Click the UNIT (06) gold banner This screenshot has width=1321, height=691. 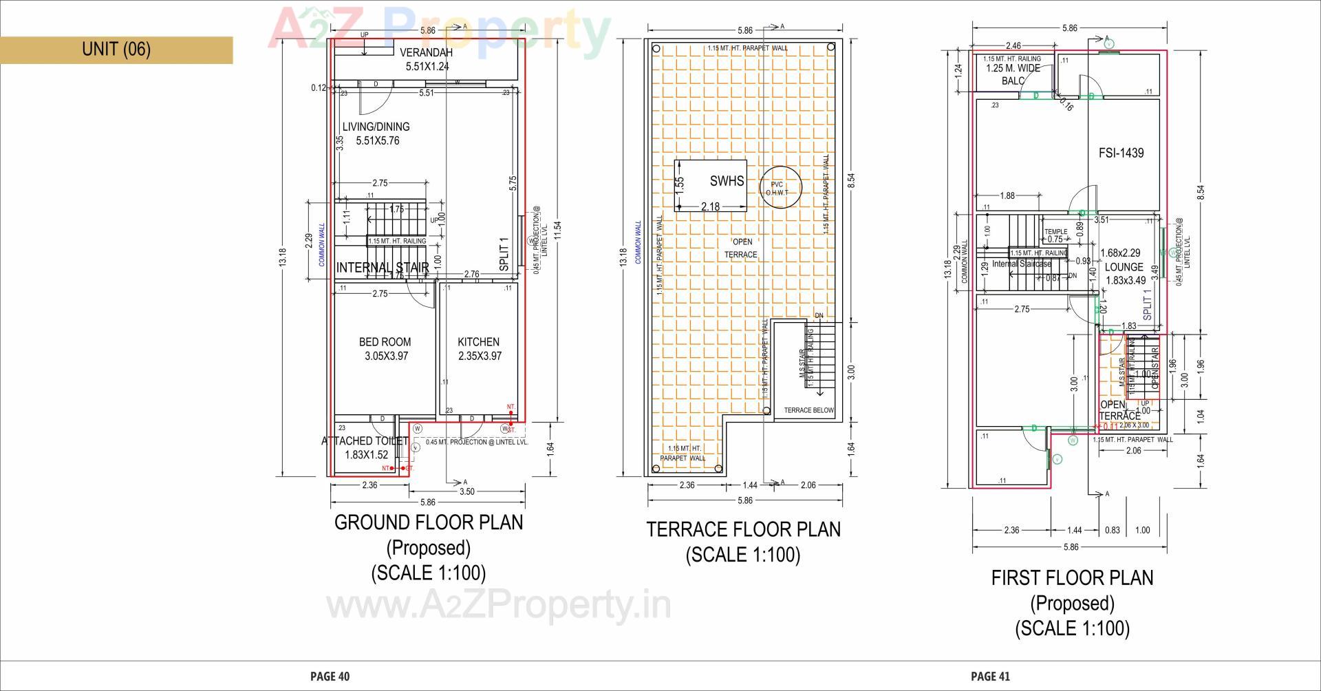point(116,50)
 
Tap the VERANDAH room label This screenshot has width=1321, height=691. point(426,53)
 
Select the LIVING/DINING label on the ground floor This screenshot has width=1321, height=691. point(376,127)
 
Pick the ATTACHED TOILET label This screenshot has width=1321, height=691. point(365,441)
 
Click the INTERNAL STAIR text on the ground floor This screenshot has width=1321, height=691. point(383,268)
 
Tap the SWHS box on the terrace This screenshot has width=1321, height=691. point(726,181)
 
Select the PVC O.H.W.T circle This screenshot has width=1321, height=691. point(777,188)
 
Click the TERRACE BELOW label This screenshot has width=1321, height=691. point(808,410)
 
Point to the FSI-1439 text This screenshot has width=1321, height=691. point(1121,153)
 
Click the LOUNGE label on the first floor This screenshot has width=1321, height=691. point(1124,267)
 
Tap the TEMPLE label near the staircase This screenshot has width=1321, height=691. point(1055,232)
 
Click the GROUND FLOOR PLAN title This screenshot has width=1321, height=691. point(429,523)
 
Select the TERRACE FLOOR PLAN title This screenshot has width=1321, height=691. point(743,530)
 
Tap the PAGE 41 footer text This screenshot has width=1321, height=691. point(990,677)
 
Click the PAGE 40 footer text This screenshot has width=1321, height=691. point(330,677)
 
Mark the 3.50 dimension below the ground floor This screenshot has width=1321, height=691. point(466,491)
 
